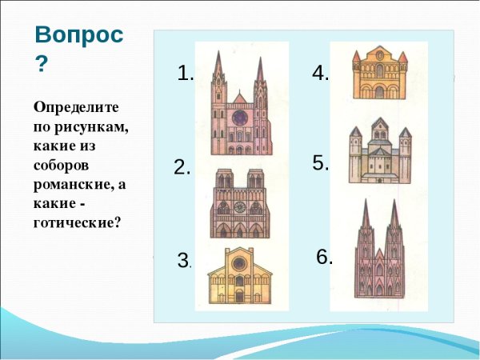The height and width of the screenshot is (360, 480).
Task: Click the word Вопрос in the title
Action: (79, 36)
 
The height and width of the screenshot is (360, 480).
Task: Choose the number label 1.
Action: (186, 74)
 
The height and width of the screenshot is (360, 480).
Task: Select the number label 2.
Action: (182, 168)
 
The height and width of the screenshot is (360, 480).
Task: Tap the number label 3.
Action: (184, 261)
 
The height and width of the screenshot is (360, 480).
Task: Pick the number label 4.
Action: (321, 74)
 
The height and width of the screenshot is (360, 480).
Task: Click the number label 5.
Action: (321, 163)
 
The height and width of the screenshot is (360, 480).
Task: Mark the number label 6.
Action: (324, 257)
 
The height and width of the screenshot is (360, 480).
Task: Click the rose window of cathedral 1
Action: (239, 118)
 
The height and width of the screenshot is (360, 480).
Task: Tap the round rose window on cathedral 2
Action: (239, 207)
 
